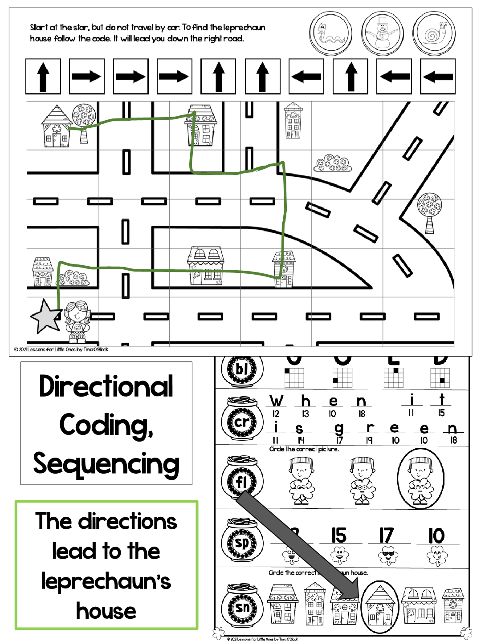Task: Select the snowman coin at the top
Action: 383,33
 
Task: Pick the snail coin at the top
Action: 434,34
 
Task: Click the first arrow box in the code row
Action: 43,77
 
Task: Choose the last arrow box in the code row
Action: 438,77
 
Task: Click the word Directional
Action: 106,386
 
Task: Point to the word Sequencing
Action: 106,464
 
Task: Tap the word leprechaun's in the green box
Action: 106,581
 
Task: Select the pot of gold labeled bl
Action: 242,369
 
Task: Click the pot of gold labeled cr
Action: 242,421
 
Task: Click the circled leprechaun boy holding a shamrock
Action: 420,479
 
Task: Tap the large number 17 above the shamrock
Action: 386,536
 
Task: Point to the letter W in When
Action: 277,401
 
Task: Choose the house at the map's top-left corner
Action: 56,126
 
